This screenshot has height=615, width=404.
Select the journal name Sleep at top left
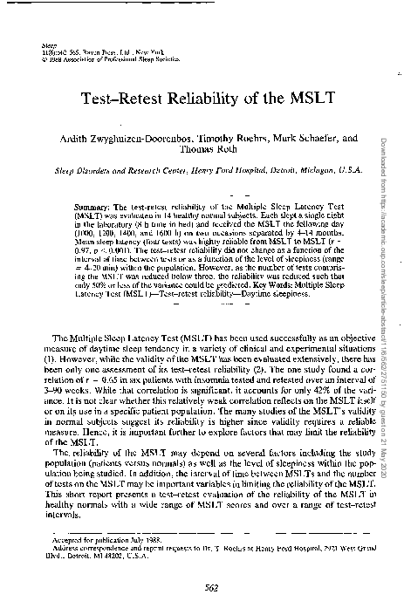tap(47, 42)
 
